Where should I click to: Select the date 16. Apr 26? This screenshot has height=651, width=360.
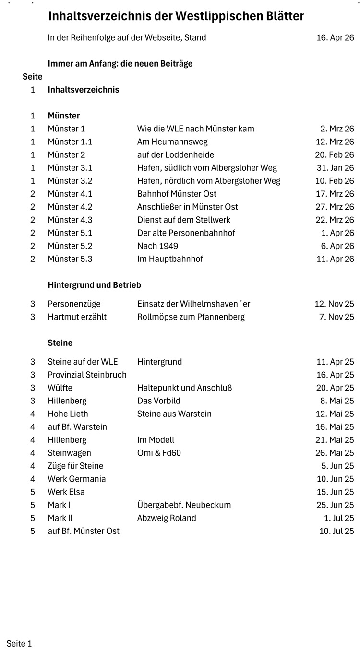[335, 37]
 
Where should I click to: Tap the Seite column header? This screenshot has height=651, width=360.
[32, 77]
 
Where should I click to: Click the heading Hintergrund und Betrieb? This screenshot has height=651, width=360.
[94, 285]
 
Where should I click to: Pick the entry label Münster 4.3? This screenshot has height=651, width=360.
[70, 220]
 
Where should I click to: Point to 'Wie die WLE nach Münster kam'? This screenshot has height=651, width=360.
[195, 129]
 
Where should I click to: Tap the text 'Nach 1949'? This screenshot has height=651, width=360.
[157, 246]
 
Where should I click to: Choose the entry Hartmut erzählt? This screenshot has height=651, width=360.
[77, 317]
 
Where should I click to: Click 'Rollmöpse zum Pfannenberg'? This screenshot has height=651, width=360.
[191, 317]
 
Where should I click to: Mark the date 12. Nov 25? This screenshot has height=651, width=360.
[334, 304]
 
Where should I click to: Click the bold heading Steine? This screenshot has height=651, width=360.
[60, 343]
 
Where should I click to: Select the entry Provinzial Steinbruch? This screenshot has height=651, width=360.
[87, 375]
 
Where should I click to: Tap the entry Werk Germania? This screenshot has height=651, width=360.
[76, 479]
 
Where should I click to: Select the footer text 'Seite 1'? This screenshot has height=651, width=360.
[19, 644]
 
